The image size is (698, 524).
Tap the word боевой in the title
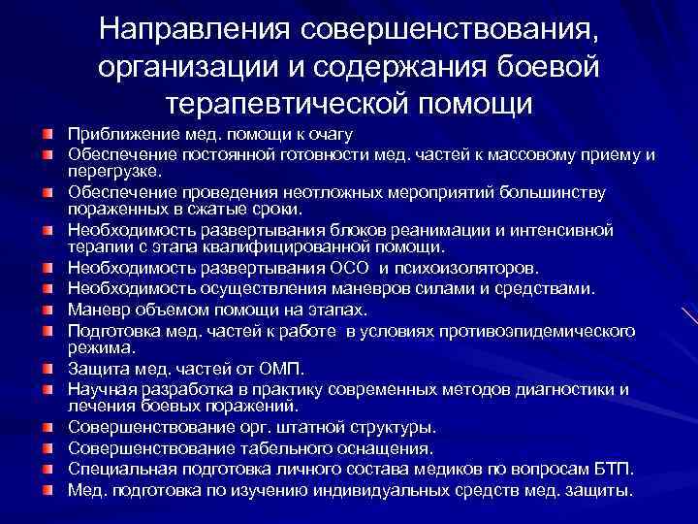(x=553, y=66)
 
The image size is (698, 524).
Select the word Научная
(x=98, y=389)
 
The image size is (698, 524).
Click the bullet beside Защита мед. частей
(x=47, y=371)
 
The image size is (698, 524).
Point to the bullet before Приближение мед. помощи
(x=47, y=136)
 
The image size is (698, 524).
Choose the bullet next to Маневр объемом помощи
(x=47, y=311)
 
